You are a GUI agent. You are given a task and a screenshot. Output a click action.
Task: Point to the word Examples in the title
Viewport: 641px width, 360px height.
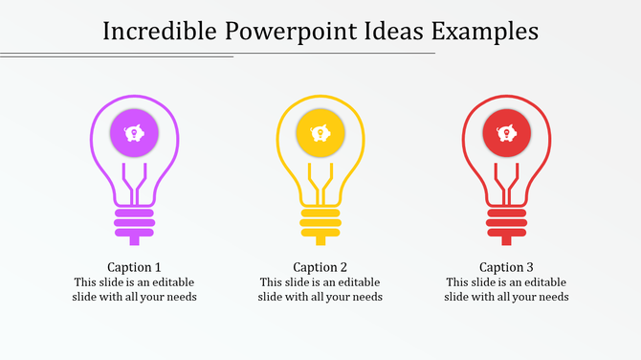coord(486,31)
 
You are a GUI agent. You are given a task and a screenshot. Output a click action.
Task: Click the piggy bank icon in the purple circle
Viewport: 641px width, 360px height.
coord(134,133)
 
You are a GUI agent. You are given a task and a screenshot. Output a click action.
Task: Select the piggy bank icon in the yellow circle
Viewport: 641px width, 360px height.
coord(320,133)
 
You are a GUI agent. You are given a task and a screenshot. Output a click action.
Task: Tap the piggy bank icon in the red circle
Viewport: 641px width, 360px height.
coord(507,133)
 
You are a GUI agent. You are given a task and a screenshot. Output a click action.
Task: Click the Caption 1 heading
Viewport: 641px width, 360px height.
coord(134,267)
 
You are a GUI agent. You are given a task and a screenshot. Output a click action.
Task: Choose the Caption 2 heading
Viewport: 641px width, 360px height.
coord(320,267)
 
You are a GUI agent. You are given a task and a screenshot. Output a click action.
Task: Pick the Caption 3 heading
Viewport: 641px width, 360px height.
coord(507,267)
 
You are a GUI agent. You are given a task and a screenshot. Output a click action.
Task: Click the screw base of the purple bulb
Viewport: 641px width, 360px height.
coord(134,222)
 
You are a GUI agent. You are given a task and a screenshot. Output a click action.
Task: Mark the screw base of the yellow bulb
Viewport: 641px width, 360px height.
coord(320,222)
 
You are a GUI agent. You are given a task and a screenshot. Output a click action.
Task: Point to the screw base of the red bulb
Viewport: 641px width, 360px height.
coord(507,222)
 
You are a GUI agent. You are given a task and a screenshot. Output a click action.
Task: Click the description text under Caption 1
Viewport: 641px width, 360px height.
coord(134,290)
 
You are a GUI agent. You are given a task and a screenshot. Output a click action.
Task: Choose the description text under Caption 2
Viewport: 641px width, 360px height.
coord(320,290)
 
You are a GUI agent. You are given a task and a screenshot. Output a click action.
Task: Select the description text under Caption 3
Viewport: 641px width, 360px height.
coord(507,290)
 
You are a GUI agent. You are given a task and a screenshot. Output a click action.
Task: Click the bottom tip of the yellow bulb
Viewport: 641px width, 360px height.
coord(320,241)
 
